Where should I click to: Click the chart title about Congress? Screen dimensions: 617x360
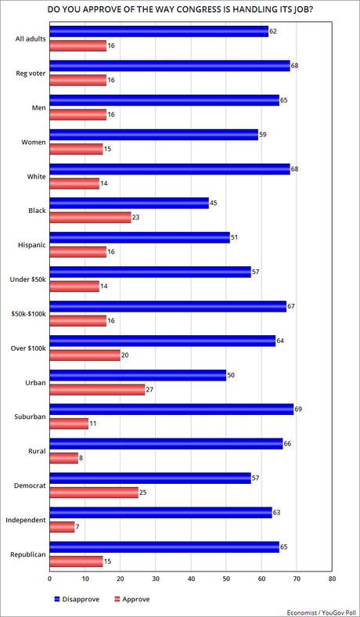pos(180,9)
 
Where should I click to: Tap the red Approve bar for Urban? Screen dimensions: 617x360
pos(97,389)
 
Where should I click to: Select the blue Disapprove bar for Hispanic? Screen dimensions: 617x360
pos(139,237)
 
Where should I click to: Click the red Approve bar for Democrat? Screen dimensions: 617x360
pos(93,492)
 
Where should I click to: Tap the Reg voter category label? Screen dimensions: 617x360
pos(27,72)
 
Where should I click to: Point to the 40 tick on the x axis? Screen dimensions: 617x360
pos(191,579)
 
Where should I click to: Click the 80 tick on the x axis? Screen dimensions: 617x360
pos(332,579)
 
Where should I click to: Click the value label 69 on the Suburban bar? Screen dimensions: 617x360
pos(299,407)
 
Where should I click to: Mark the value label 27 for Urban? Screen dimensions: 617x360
pos(150,389)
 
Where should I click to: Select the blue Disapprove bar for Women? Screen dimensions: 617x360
pos(153,134)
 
